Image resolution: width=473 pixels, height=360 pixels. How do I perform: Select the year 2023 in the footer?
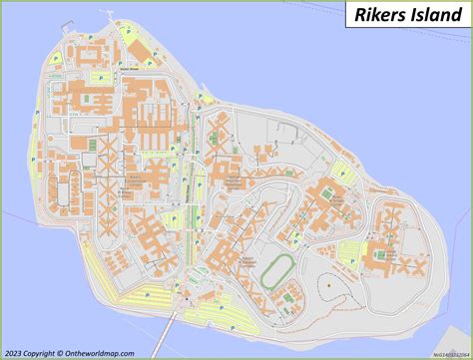point(15,351)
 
